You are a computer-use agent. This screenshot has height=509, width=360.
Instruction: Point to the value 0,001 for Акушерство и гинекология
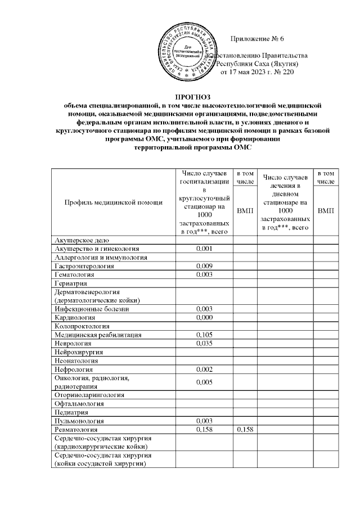click(x=204, y=249)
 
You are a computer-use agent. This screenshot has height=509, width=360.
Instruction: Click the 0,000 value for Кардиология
click(x=204, y=317)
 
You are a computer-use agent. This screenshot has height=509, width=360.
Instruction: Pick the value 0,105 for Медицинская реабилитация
click(x=204, y=335)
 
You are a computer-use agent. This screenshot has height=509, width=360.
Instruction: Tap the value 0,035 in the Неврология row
click(x=204, y=343)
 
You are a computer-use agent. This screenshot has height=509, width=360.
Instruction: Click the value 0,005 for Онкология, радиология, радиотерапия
click(x=204, y=382)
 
